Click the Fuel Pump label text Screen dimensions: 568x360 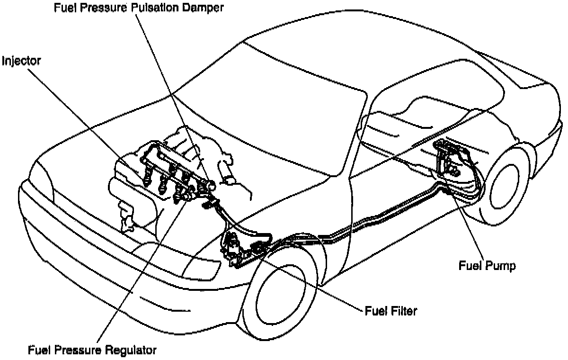tap(487, 265)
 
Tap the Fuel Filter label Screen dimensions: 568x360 tap(390, 311)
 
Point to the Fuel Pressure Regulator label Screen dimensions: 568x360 tap(92, 351)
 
